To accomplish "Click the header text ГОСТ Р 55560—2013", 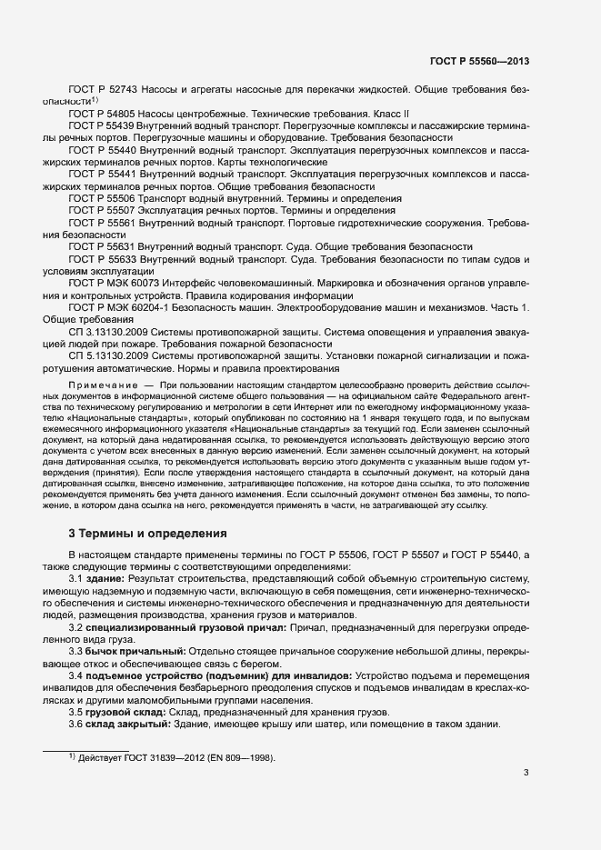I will point(479,61).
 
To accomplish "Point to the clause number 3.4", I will point(77,676).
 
